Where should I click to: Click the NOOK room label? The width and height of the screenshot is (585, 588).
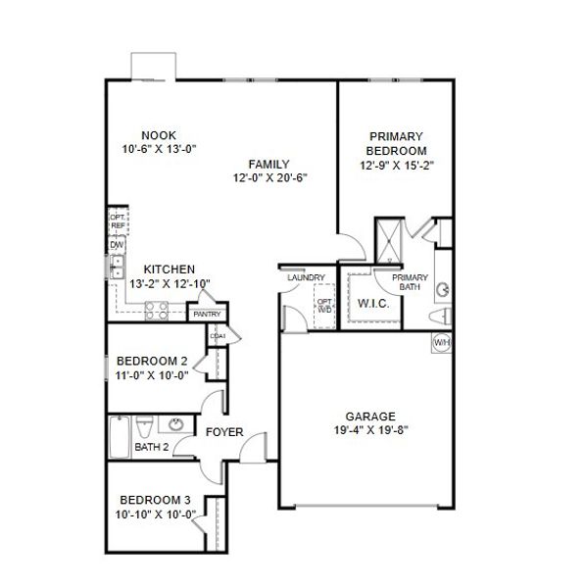157,135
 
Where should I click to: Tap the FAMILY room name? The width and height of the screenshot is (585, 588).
268,164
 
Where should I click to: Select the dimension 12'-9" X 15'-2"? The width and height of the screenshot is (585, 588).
396,166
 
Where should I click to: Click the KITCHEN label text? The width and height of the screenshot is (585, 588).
169,269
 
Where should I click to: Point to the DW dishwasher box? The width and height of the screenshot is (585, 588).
116,245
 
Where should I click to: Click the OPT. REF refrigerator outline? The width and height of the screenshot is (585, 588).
117,221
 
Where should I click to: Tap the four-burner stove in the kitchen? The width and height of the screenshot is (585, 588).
157,311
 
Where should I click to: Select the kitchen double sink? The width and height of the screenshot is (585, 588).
116,266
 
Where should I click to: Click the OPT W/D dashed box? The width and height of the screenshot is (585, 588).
324,304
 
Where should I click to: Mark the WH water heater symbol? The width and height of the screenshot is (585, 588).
441,343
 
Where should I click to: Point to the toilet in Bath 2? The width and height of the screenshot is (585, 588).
143,427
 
